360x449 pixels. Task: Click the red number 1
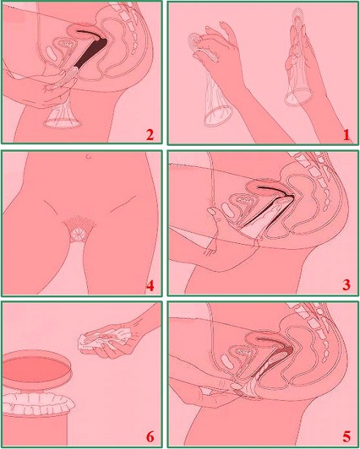346,135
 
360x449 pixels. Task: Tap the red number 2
150,135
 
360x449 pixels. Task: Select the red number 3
346,285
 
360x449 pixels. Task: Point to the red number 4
150,285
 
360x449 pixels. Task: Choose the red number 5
346,437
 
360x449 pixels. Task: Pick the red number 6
150,437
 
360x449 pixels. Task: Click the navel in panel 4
89,156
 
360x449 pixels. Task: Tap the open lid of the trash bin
37,369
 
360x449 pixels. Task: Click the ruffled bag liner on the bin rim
39,404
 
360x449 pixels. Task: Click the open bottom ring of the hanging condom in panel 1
218,116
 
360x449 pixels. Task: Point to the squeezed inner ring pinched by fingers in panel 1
196,42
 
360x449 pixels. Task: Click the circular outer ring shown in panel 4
78,234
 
